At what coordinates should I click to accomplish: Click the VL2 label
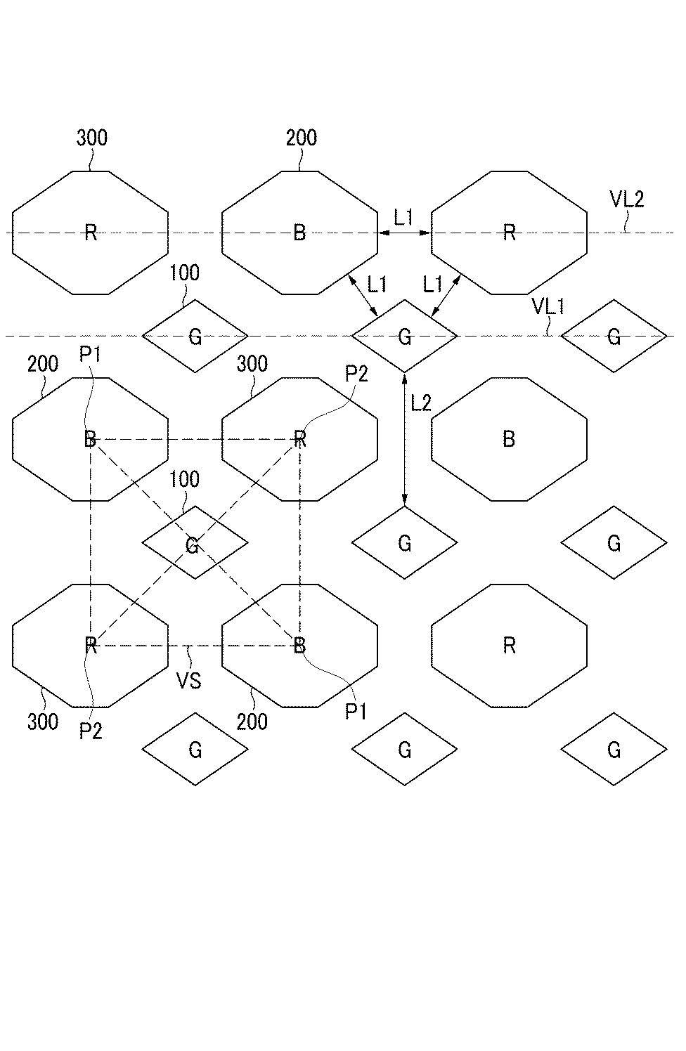click(627, 200)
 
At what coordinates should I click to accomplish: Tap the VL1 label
click(548, 306)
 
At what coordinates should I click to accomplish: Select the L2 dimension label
click(421, 403)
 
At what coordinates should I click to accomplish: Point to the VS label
click(189, 680)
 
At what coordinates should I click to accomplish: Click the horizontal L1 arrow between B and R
click(404, 233)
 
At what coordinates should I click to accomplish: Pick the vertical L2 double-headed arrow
click(404, 438)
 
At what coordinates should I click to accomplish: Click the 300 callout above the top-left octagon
click(91, 138)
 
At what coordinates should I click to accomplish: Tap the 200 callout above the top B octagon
click(302, 138)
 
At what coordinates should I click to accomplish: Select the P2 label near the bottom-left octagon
click(91, 731)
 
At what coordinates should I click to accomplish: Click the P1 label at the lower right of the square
click(356, 712)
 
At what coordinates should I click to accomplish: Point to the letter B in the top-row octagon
click(299, 233)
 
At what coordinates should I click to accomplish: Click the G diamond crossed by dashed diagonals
click(195, 543)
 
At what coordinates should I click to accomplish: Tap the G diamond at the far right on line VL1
click(614, 337)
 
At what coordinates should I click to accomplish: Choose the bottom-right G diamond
click(614, 750)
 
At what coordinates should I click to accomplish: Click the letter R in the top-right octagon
click(510, 233)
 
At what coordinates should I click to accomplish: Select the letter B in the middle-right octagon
click(510, 439)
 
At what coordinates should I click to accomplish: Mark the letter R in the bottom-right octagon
click(510, 646)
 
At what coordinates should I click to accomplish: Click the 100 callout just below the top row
click(185, 273)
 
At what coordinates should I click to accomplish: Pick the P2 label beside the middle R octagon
click(356, 374)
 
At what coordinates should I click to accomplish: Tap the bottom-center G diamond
click(404, 750)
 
